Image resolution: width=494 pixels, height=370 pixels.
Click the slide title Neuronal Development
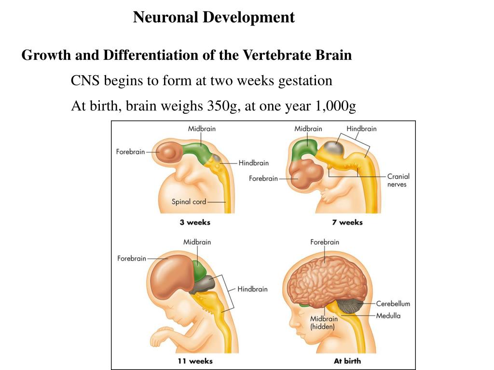214,17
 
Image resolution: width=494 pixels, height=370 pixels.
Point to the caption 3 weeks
195,222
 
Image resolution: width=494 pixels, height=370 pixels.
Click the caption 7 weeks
347,222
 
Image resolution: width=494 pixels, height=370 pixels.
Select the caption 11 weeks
195,361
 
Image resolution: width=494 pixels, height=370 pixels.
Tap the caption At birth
347,361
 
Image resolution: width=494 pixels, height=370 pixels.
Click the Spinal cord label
189,202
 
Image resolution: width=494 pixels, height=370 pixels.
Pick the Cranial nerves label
398,180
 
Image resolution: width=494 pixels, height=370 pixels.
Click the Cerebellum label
393,304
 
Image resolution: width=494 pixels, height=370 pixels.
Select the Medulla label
388,316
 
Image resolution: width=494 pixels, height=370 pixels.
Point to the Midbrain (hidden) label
322,322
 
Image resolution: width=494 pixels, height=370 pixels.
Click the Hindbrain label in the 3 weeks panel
253,163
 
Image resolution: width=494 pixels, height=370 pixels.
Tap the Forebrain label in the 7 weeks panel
263,179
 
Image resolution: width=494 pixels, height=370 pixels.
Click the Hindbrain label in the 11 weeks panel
252,289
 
